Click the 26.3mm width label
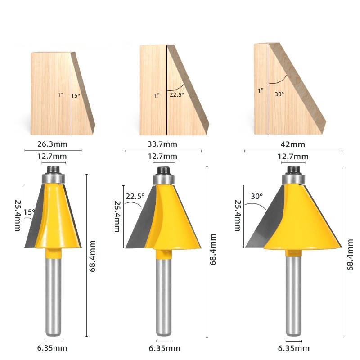point(52,144)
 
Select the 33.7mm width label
point(162,144)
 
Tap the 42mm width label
point(293,144)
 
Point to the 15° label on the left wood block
point(76,95)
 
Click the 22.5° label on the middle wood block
point(177,94)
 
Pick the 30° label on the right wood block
point(279,94)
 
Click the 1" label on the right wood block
point(261,91)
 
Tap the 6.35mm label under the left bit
point(52,348)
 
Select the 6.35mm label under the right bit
point(294,348)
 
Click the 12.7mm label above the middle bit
point(162,156)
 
